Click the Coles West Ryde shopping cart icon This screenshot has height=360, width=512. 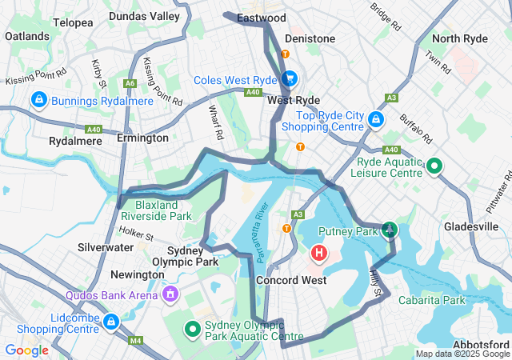tap(289, 78)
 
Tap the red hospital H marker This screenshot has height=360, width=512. tap(318, 254)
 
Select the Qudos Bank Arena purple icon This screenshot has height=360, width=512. tap(170, 295)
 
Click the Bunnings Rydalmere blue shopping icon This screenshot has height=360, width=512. tap(37, 99)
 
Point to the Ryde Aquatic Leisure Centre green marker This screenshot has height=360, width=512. tap(434, 166)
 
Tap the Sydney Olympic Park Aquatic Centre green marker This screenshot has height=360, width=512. tap(192, 328)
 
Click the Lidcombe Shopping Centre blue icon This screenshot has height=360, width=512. tap(110, 322)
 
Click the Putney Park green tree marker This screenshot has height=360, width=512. tap(389, 230)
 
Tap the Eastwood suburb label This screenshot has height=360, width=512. tap(262, 18)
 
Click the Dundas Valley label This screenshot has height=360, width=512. tap(144, 16)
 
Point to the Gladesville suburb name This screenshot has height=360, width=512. tap(471, 226)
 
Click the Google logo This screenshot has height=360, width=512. tap(26, 350)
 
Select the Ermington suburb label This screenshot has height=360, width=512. tap(142, 138)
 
